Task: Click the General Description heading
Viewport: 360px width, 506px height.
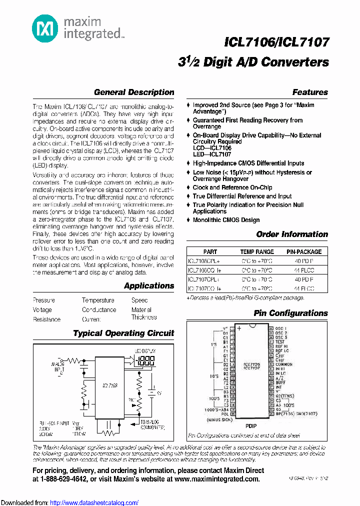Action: click(x=134, y=92)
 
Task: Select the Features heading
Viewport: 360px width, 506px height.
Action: click(x=310, y=92)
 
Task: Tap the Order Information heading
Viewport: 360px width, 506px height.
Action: click(x=292, y=234)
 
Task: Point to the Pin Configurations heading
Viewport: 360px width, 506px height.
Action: click(x=290, y=313)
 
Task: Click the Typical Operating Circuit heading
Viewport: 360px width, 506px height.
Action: click(x=123, y=333)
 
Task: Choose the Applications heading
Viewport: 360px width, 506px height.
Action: click(x=149, y=286)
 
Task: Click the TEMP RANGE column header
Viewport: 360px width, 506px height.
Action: click(x=257, y=252)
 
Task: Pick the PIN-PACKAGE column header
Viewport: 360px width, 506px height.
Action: click(x=304, y=252)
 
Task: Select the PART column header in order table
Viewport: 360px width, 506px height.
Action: click(x=210, y=252)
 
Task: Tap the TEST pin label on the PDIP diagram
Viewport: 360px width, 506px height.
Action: click(x=280, y=342)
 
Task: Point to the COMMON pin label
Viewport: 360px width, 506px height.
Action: click(x=284, y=364)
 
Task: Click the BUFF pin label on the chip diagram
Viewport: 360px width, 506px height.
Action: click(x=280, y=382)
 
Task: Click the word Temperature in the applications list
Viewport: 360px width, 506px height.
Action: click(x=98, y=300)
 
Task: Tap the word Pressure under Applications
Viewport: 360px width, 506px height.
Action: click(x=44, y=300)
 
